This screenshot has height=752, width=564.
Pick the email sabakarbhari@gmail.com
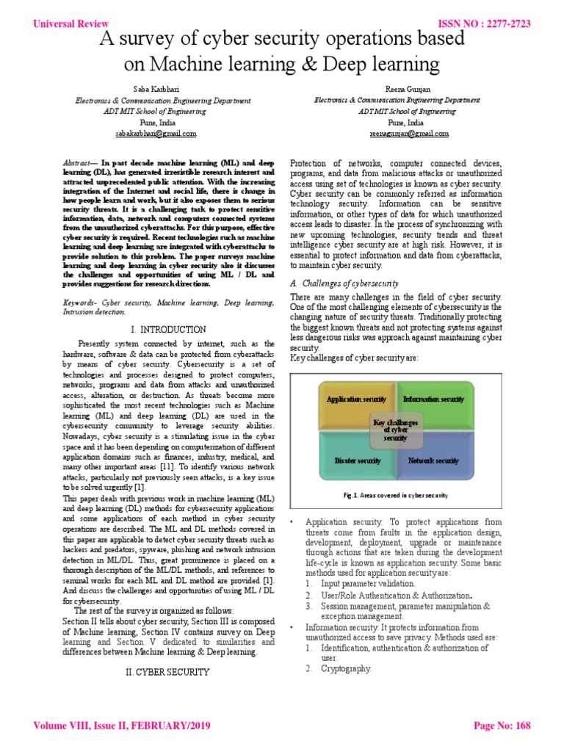coord(156,134)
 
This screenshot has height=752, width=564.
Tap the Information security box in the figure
coord(433,399)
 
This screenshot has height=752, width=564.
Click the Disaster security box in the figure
coord(358,460)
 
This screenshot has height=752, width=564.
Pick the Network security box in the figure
coord(433,460)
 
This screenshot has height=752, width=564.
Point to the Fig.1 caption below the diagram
coord(396,495)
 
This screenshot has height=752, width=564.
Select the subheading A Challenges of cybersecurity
coord(344,283)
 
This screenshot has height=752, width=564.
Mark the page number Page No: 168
coord(502,726)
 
